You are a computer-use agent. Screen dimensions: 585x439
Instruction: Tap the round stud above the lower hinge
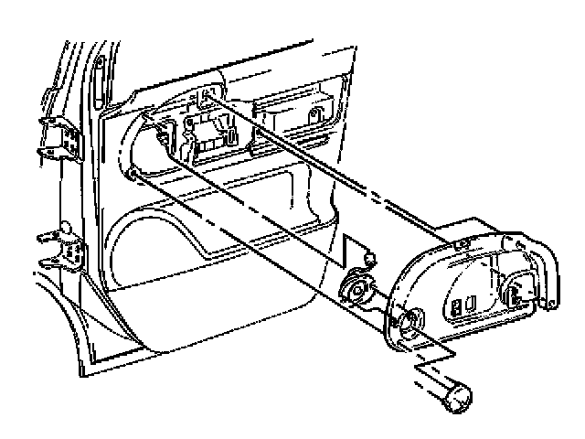(x=65, y=227)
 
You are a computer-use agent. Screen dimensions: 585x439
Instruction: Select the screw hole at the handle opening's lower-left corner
(x=134, y=174)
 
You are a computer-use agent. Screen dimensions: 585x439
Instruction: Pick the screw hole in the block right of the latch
(x=315, y=116)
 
